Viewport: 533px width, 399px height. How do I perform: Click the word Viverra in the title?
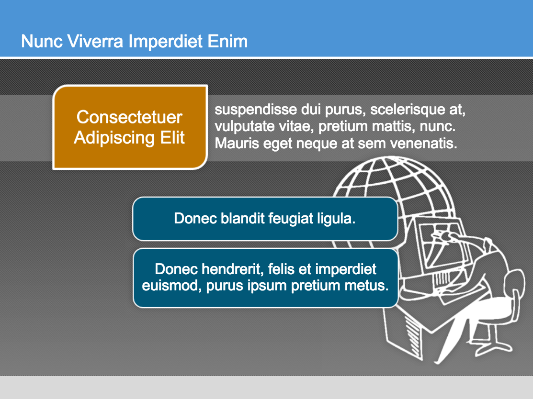[x=95, y=42]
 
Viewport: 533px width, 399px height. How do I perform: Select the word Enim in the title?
[x=227, y=42]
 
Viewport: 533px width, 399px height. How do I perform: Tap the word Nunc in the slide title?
[x=42, y=42]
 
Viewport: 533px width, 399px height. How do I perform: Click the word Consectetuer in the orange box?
[x=129, y=117]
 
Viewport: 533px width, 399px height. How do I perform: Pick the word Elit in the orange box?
[x=172, y=137]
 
